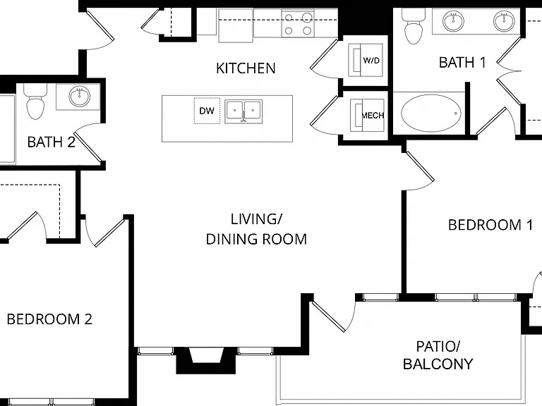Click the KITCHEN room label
click(246, 68)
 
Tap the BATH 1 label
click(462, 63)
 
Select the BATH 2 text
click(51, 142)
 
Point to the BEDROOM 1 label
click(490, 225)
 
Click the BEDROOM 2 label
click(49, 319)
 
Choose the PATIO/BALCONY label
click(438, 355)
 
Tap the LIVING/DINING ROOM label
click(256, 229)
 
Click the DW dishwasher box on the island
click(207, 111)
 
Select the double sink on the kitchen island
click(243, 111)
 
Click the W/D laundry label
click(371, 61)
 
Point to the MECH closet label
click(373, 116)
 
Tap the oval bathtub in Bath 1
click(430, 113)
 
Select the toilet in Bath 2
click(35, 101)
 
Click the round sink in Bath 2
click(79, 97)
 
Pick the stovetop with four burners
click(298, 24)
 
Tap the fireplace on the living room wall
click(206, 360)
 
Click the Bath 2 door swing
click(89, 142)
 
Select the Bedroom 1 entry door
click(420, 170)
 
